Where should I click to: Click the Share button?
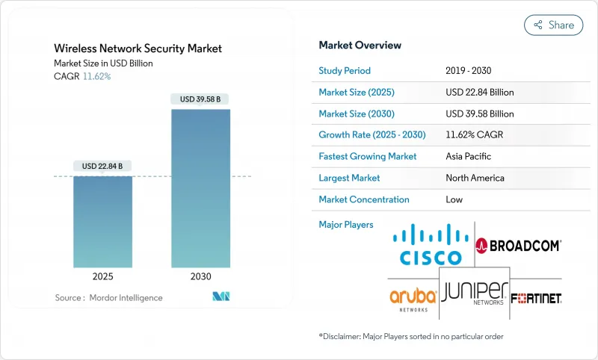[x=553, y=25]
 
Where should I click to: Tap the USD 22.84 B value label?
[x=103, y=166]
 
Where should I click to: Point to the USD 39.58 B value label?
[x=200, y=99]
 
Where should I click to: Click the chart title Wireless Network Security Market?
[x=138, y=49]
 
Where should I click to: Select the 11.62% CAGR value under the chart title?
[x=96, y=76]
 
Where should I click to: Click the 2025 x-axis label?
[x=103, y=276]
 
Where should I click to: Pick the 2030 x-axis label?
[x=200, y=276]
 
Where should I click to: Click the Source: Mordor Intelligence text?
[x=108, y=298]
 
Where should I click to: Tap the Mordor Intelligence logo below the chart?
[x=221, y=297]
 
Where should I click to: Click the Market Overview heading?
[x=360, y=45]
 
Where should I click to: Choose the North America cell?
[x=475, y=178]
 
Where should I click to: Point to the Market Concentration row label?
[x=364, y=199]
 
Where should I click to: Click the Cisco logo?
[x=431, y=245]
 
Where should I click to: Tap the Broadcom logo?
[x=519, y=245]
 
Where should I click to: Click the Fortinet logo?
[x=537, y=297]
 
